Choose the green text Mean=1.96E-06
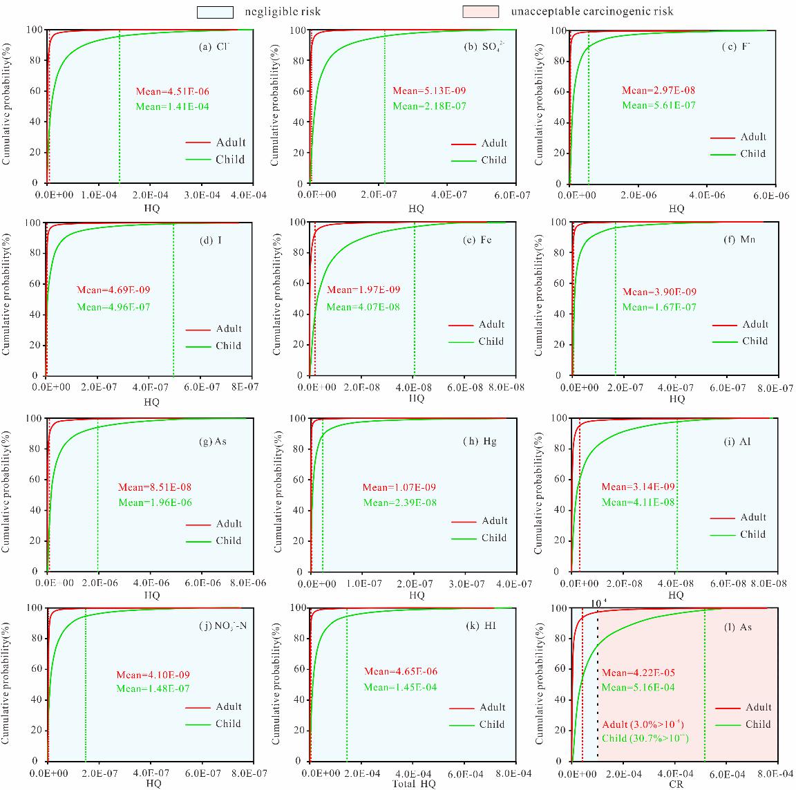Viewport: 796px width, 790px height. [x=155, y=502]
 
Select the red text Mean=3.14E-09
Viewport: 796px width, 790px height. [x=638, y=487]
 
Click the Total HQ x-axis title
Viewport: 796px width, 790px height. [x=414, y=784]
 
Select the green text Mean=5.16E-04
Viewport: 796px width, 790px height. [x=638, y=687]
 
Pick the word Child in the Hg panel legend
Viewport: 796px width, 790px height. [x=493, y=538]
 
